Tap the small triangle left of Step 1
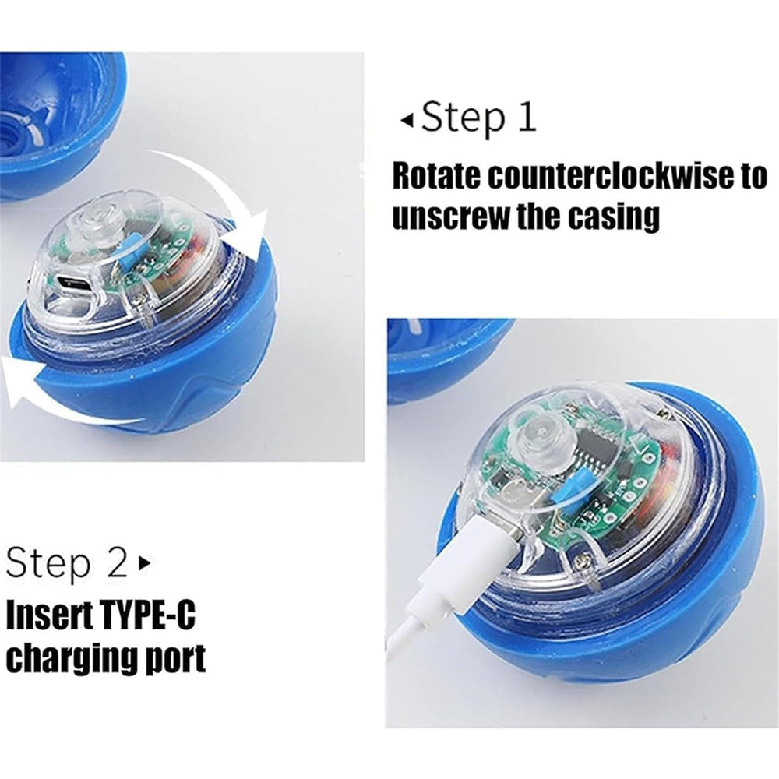tap(406, 121)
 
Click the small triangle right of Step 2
tap(143, 562)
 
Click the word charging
tap(71, 659)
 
